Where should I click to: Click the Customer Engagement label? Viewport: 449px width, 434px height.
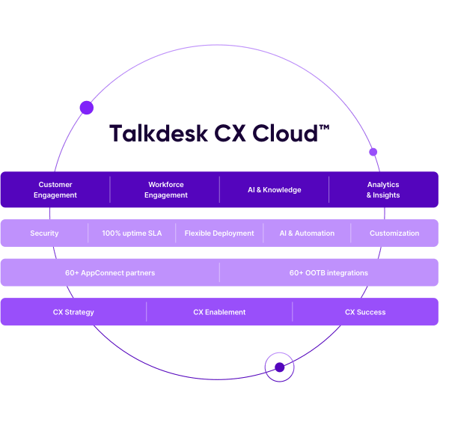coord(55,190)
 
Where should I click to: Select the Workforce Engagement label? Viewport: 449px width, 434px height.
coord(165,190)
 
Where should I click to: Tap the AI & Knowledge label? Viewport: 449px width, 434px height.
coord(275,190)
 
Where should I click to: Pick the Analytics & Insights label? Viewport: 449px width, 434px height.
coord(383,190)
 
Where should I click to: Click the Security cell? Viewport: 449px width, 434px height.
coord(44,233)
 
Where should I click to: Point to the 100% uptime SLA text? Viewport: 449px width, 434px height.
coord(132,233)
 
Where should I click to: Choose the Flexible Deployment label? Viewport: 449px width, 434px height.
coord(219,233)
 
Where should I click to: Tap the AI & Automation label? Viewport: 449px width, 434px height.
coord(307,233)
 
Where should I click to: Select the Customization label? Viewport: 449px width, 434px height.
coord(394,233)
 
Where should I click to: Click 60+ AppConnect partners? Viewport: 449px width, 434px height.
coord(110,273)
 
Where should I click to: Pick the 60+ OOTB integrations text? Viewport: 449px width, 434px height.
coord(329,273)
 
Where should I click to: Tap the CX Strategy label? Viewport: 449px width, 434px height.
coord(73,312)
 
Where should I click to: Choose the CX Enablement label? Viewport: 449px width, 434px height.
coord(219,312)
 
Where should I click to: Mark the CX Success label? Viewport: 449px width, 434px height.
coord(365,312)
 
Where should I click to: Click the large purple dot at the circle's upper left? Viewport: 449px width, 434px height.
coord(87,108)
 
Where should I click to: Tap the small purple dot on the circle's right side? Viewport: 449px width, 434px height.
coord(373,152)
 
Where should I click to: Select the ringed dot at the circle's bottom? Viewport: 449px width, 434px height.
coord(279,367)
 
